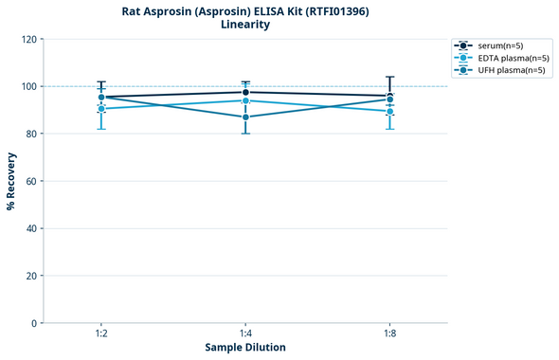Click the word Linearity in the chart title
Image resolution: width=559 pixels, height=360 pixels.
tap(245, 25)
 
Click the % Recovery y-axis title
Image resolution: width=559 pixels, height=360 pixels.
tap(11, 181)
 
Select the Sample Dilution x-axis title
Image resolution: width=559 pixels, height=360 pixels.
tap(245, 348)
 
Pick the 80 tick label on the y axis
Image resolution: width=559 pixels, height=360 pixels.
tap(30, 134)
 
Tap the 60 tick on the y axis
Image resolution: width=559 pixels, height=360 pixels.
tap(30, 181)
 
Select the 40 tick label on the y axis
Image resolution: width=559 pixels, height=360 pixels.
tap(30, 228)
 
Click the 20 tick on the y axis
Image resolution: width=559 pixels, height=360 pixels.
tap(30, 276)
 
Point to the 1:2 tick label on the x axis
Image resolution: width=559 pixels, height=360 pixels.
tap(101, 333)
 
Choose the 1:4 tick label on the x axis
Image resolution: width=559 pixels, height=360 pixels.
tap(245, 333)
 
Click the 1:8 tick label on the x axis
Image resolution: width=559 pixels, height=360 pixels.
tap(389, 333)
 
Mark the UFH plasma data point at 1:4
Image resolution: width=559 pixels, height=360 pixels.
tap(245, 117)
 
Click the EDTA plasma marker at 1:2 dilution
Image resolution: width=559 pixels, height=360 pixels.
tap(101, 109)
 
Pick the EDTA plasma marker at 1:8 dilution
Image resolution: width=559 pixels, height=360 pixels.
tap(389, 111)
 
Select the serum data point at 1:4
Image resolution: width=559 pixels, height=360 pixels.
tap(245, 92)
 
